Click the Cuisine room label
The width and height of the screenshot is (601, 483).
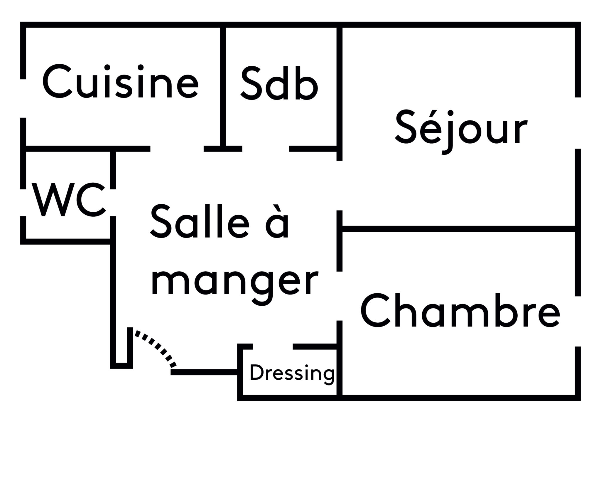[120, 82]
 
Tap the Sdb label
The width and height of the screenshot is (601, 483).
[279, 83]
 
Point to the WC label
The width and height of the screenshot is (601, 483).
[69, 199]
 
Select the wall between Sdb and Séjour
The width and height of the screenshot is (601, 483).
[339, 88]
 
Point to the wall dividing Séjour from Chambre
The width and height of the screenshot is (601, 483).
[458, 228]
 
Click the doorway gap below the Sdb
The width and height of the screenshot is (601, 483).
[266, 149]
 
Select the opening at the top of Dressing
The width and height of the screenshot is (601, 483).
[273, 346]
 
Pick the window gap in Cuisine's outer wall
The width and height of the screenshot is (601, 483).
[23, 98]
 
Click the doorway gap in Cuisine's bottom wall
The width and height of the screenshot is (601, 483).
[177, 149]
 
